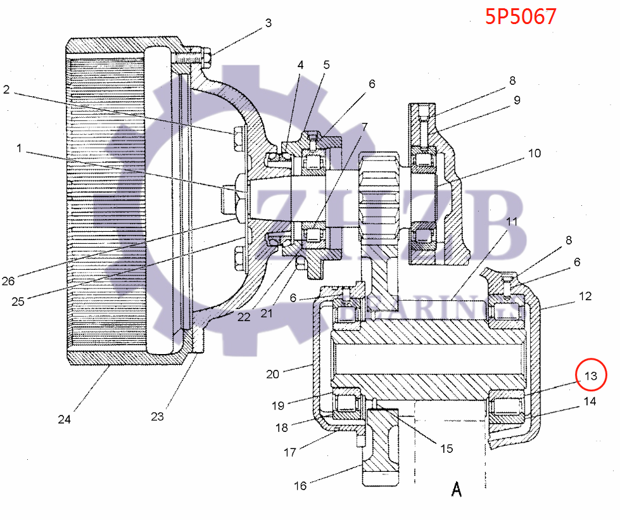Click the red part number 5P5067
point(521,16)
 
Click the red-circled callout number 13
point(591,376)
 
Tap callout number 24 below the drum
point(65,419)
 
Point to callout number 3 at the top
point(269,23)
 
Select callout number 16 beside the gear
point(300,486)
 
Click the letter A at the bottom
point(457,489)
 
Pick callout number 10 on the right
point(535,153)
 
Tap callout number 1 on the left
point(18,148)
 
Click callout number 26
point(8,281)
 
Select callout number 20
point(272,374)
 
